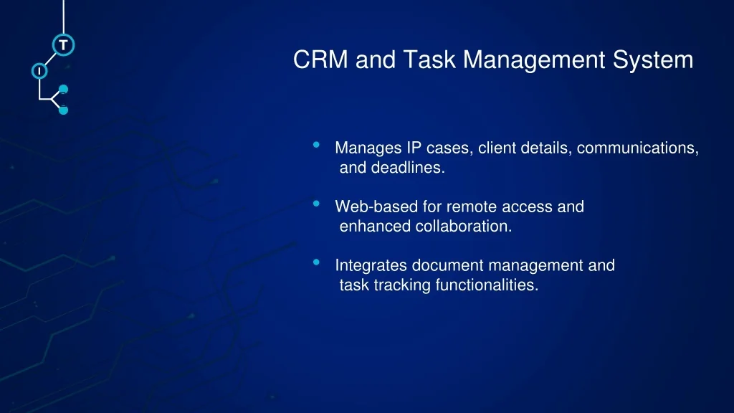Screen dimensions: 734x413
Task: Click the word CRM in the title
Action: tap(320, 60)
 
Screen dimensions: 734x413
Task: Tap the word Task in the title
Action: tap(429, 60)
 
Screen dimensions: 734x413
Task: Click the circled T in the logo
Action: tap(63, 45)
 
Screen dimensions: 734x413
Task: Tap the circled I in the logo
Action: tap(39, 71)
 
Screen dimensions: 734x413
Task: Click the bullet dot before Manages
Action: tap(316, 145)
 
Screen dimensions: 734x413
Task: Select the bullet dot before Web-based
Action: tap(316, 203)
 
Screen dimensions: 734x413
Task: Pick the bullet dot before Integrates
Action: tap(316, 262)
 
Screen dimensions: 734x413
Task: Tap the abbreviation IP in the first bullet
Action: tap(414, 148)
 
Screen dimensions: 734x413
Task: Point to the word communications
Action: tap(637, 148)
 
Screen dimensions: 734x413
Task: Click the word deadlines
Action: tap(408, 168)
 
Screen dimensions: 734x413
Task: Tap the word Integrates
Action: tap(371, 266)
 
